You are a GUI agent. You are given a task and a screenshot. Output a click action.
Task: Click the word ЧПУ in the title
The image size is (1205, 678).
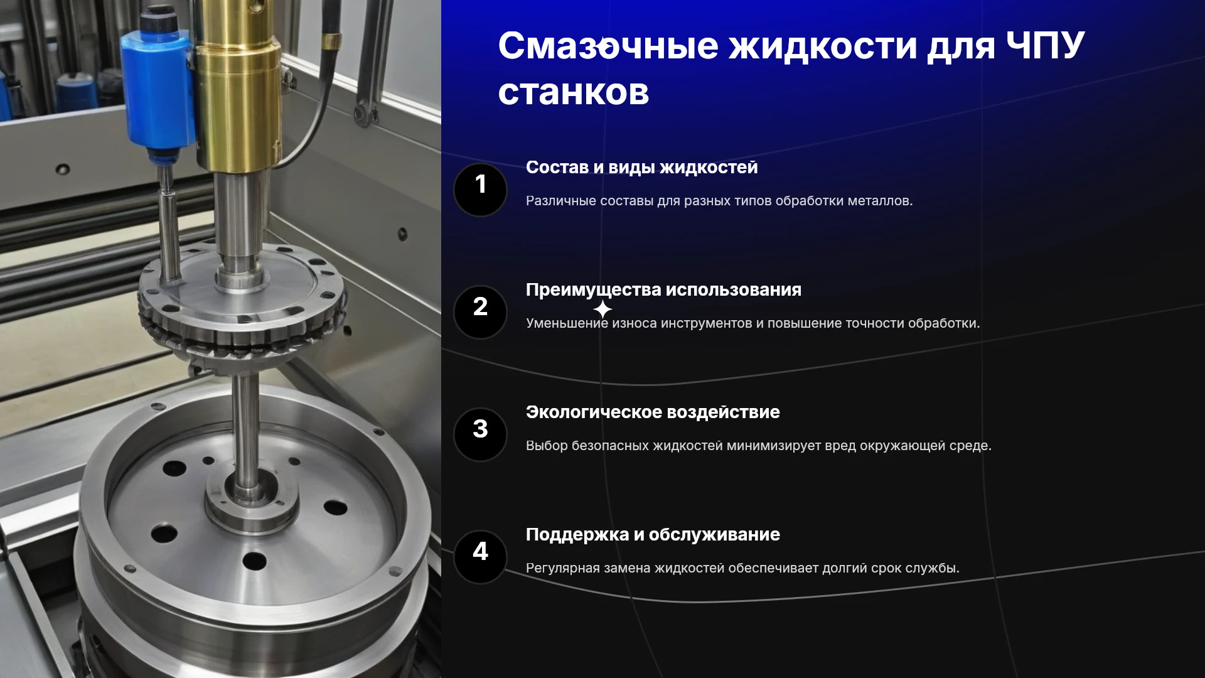click(1045, 46)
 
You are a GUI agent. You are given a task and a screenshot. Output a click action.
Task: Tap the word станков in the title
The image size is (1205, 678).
click(574, 93)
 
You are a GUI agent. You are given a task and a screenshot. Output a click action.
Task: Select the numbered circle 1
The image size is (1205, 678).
click(480, 190)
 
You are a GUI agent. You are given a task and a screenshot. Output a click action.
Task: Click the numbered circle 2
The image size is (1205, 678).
click(480, 312)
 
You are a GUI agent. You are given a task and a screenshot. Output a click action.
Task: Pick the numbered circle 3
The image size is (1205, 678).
click(480, 434)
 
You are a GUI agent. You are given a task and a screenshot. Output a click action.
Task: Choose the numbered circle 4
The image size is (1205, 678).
click(480, 557)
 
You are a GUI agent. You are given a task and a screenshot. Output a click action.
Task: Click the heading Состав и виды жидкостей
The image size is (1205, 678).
click(641, 168)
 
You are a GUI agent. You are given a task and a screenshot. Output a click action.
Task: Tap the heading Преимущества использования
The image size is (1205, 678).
click(663, 290)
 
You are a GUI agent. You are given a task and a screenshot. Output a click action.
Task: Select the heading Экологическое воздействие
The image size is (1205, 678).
click(653, 412)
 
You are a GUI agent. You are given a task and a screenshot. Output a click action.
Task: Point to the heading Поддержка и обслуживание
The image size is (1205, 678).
click(653, 535)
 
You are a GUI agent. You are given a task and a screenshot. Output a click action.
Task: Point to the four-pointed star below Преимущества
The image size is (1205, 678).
click(602, 309)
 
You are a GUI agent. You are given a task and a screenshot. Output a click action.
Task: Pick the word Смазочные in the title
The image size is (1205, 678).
click(608, 46)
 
